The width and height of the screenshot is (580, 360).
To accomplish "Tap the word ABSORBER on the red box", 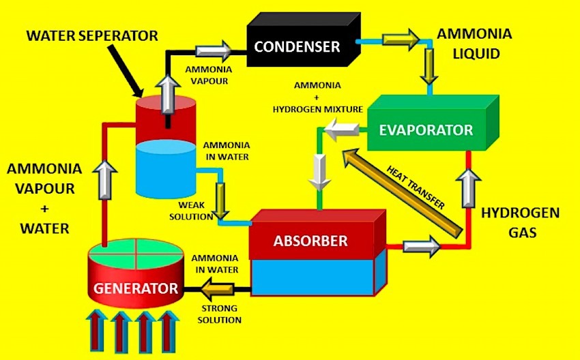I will coord(310,241).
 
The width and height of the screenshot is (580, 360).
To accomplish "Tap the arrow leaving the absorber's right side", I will coord(421,246).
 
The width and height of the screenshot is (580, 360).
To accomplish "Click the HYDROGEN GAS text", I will coord(520,223).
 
